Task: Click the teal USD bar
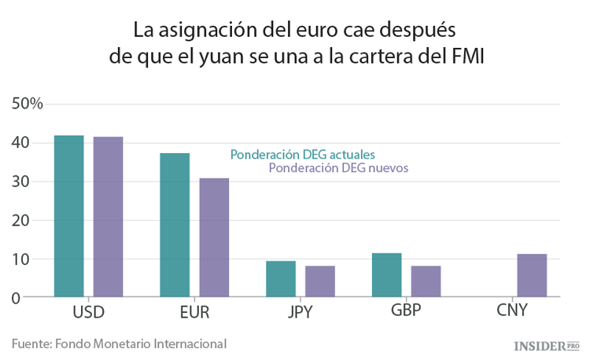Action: [x=68, y=216]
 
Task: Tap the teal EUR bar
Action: [x=175, y=225]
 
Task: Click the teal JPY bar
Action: [x=281, y=279]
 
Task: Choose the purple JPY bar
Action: [x=320, y=281]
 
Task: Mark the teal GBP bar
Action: [x=387, y=275]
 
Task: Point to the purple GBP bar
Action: [x=426, y=281]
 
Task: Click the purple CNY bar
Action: [x=532, y=275]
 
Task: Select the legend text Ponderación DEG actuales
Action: [x=302, y=154]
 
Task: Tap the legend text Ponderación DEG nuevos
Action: [x=338, y=168]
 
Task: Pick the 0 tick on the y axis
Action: [x=15, y=298]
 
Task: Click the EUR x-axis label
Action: [x=194, y=313]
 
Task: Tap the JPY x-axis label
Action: [x=300, y=313]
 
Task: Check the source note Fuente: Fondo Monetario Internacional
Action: [x=119, y=343]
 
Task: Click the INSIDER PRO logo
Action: [x=545, y=345]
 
